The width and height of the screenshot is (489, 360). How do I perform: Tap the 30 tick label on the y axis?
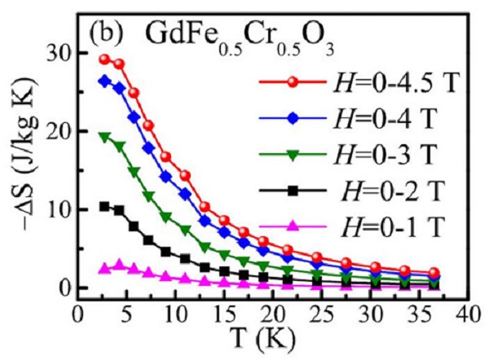coord(58,53)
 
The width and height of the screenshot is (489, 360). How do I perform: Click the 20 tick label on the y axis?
coord(58,131)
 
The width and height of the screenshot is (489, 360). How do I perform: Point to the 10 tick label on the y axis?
coord(58,209)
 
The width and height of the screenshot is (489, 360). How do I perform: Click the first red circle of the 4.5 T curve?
coord(104,59)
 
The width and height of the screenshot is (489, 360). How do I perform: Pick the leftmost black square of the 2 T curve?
coord(104,206)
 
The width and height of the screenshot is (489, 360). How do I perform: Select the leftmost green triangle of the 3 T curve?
coord(104,137)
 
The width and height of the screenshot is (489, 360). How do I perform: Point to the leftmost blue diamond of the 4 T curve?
coord(104,81)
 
